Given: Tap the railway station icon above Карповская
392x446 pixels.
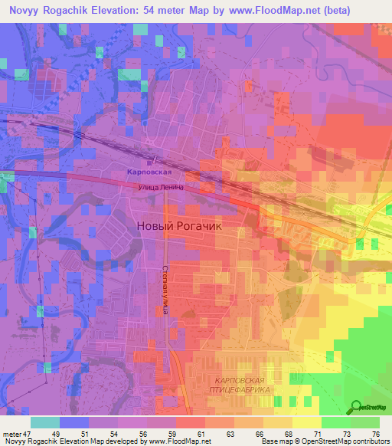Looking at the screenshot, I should [x=152, y=160].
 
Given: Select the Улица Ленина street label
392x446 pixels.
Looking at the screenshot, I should [x=162, y=186].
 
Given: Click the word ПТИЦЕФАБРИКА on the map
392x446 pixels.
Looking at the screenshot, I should [x=240, y=390].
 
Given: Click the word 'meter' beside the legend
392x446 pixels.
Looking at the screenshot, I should [x=11, y=435].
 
